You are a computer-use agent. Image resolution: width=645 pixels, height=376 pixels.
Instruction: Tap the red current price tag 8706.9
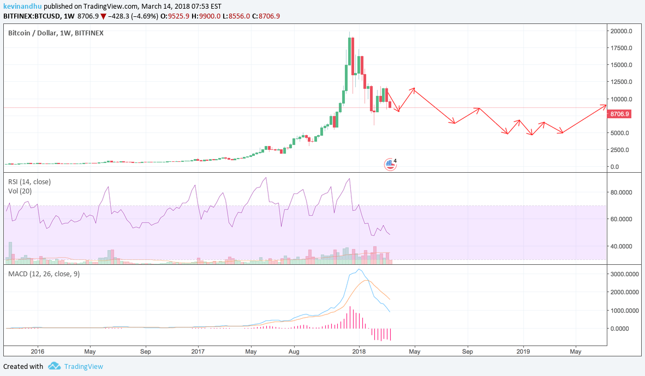(x=619, y=114)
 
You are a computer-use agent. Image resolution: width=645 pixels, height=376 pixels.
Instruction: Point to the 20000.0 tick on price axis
(x=622, y=31)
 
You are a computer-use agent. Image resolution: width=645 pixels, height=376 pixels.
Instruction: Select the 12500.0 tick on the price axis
(x=622, y=82)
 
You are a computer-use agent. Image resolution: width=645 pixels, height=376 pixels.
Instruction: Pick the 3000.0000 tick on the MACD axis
(x=624, y=274)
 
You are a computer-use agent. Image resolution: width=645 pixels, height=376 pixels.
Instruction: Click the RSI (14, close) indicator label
(x=29, y=181)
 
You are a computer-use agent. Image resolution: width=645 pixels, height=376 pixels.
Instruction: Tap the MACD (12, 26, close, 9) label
(x=44, y=274)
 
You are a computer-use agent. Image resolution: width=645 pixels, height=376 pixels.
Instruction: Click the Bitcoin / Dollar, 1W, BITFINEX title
(x=56, y=33)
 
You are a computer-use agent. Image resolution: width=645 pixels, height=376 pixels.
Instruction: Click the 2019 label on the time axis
(x=523, y=352)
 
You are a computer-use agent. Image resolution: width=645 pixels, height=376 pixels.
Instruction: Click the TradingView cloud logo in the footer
(x=53, y=366)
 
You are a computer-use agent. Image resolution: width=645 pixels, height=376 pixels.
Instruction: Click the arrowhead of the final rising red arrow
(x=605, y=105)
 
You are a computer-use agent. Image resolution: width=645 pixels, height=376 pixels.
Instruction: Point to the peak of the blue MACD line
(x=359, y=269)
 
